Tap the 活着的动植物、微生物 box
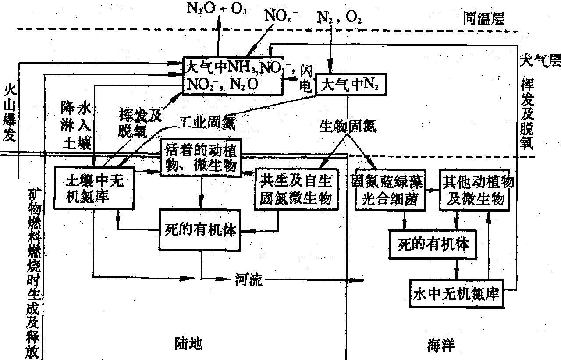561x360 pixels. click(201, 158)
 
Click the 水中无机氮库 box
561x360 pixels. click(456, 294)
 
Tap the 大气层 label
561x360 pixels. click(539, 60)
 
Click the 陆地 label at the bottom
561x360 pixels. click(185, 344)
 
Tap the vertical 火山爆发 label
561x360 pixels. click(9, 113)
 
